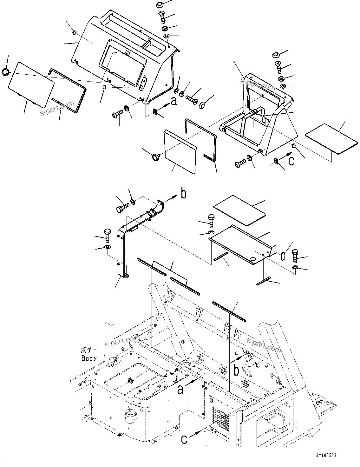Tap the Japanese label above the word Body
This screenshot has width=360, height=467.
(88, 351)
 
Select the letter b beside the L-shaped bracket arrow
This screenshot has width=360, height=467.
(183, 194)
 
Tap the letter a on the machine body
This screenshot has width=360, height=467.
(180, 389)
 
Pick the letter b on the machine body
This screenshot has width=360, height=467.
(236, 370)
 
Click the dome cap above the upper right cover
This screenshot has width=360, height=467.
(275, 55)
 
